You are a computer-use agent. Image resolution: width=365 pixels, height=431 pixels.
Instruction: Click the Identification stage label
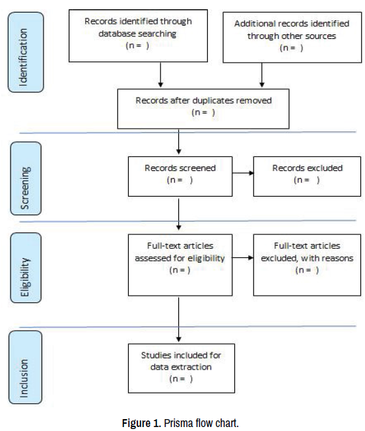(x=26, y=52)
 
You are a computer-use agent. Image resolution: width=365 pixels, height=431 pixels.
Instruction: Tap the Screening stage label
(x=26, y=178)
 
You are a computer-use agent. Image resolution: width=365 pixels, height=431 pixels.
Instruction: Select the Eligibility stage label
(x=26, y=268)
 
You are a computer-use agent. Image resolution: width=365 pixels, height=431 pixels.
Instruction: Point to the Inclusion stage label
(x=25, y=367)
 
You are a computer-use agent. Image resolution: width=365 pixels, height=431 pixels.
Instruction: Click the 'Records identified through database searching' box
(x=138, y=36)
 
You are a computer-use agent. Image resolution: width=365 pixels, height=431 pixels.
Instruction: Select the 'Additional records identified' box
(x=292, y=38)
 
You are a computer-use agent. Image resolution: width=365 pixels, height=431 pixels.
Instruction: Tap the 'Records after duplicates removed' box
(x=203, y=109)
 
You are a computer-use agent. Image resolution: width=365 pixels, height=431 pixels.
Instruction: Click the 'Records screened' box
(x=180, y=176)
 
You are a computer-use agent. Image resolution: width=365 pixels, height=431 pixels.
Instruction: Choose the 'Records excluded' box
(x=307, y=176)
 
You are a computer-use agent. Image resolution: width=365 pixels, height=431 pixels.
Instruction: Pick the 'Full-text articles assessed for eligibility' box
(x=180, y=265)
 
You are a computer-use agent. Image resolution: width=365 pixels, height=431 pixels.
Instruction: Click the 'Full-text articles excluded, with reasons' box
(x=307, y=265)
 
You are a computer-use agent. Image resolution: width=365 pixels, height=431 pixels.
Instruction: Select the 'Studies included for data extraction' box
(x=182, y=368)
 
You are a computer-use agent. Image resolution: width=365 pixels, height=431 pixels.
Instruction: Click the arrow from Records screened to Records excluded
(x=243, y=173)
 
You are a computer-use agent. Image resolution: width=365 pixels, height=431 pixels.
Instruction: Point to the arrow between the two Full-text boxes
(x=243, y=257)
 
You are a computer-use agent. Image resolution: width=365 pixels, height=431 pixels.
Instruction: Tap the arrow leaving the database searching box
(x=161, y=75)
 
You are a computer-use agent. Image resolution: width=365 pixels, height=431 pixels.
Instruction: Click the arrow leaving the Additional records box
(x=262, y=75)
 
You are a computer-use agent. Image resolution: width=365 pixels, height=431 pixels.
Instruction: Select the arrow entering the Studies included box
(x=179, y=319)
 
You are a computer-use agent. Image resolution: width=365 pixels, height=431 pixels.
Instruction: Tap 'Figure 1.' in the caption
(x=141, y=423)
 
